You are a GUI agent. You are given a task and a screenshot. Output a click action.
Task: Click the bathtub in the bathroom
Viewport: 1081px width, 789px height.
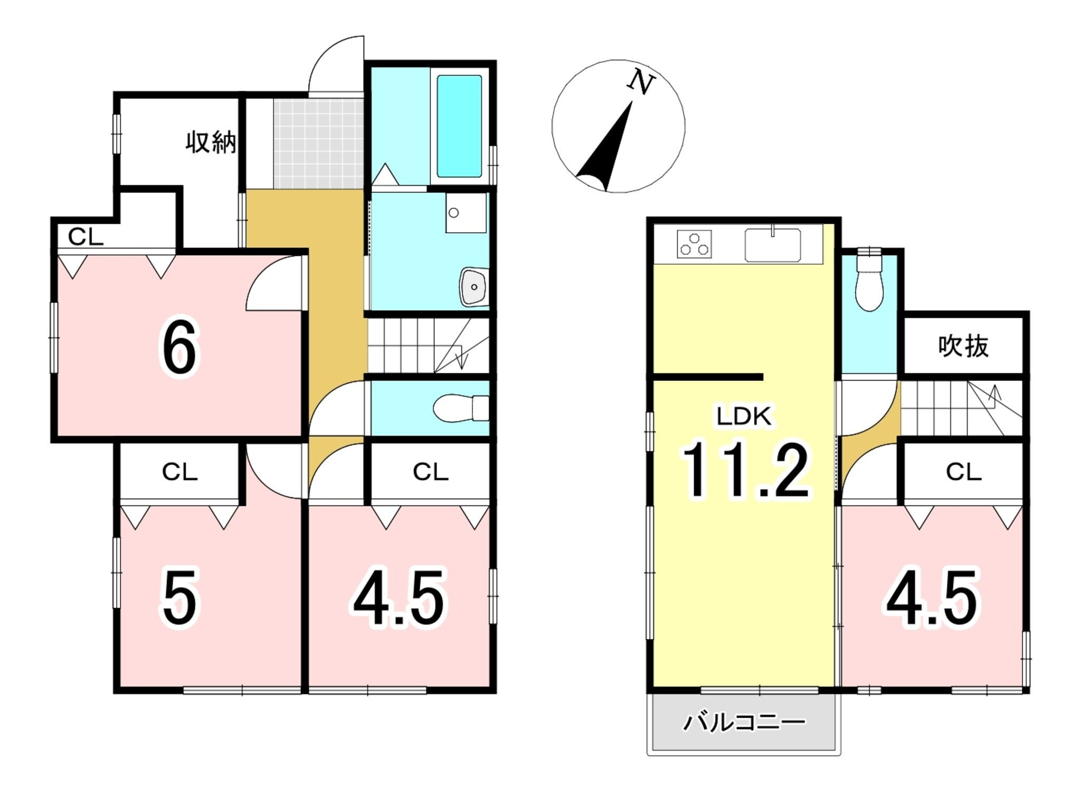[x=459, y=127]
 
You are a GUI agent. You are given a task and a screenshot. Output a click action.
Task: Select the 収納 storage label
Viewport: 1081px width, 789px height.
[x=211, y=142]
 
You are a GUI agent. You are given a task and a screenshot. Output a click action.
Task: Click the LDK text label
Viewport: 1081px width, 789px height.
[x=744, y=417]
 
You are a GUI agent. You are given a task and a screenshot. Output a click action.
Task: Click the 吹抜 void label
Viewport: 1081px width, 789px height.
[x=963, y=347]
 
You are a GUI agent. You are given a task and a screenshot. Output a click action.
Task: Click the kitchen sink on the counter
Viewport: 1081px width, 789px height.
[x=773, y=244]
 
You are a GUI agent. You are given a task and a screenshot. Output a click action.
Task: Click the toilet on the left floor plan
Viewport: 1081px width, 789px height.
[x=461, y=408]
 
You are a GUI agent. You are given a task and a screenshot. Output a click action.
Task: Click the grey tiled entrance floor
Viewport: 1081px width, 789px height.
[x=319, y=143]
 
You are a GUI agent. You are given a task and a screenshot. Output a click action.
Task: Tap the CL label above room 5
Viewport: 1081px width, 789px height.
[x=179, y=472]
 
